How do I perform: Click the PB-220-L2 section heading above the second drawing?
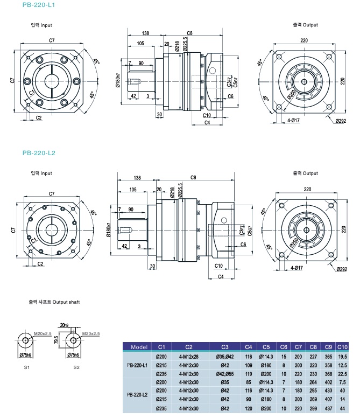[x=39, y=153]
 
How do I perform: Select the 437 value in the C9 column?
[x=329, y=408]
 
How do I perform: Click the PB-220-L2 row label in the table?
[x=138, y=394]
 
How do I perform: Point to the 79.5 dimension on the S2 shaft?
[x=57, y=341]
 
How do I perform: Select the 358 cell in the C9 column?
[x=329, y=365]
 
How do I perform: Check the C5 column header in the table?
[x=266, y=346]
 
